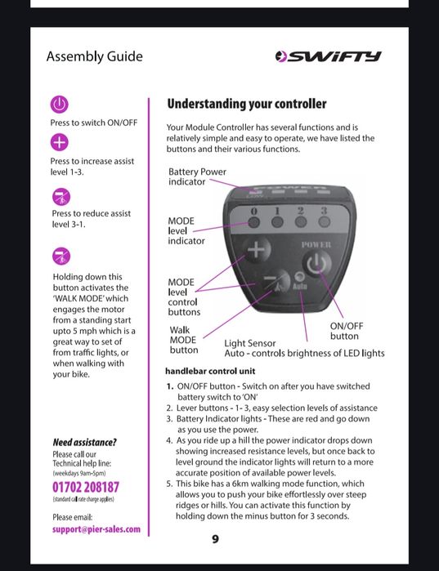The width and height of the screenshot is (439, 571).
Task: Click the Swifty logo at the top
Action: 329,56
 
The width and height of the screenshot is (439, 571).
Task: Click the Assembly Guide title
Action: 94,57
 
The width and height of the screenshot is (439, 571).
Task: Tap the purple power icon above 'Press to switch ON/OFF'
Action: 60,105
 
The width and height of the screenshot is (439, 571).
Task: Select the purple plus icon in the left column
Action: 60,142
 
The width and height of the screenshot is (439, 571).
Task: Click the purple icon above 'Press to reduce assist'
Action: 61,197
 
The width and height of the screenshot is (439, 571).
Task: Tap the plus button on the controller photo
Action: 257,249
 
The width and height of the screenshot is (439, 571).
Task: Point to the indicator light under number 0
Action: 254,222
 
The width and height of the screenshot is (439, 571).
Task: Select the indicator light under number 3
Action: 325,221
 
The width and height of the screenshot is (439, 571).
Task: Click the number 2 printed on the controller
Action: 300,211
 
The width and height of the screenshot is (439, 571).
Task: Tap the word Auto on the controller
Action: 300,287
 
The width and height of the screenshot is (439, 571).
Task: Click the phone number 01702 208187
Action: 86,487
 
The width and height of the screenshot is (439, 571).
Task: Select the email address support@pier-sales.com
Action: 96,529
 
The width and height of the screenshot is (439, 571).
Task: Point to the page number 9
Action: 215,539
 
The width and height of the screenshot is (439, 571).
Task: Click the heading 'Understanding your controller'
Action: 247,104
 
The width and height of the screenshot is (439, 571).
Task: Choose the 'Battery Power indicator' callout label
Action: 197,176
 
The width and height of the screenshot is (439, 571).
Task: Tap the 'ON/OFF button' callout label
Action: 347,331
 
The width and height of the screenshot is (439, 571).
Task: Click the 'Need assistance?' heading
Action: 84,443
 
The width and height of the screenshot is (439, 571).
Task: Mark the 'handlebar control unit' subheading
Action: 210,371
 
